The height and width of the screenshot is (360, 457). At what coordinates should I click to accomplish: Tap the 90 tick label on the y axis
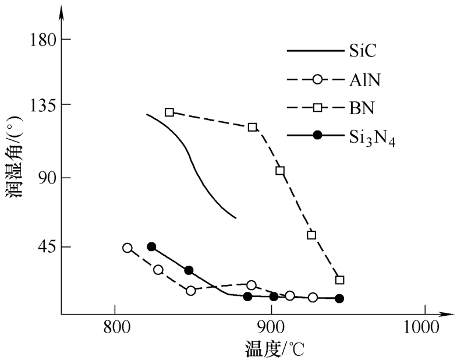[46, 178]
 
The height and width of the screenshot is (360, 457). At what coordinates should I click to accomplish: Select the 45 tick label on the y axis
[46, 247]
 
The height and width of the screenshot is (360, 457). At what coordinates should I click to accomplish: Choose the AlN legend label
[364, 79]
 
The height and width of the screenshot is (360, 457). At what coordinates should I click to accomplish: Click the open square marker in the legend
[317, 108]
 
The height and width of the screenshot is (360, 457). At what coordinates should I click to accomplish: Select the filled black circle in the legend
[317, 136]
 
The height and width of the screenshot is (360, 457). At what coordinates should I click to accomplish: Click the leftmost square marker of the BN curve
[169, 112]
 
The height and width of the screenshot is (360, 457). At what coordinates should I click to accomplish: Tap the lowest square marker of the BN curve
[340, 280]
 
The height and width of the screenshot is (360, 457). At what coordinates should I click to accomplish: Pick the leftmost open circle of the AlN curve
[127, 248]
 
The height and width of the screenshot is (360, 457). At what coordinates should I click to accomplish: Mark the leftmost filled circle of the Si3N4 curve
[151, 246]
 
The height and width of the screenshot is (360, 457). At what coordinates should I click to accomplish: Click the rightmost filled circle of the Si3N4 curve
[339, 298]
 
